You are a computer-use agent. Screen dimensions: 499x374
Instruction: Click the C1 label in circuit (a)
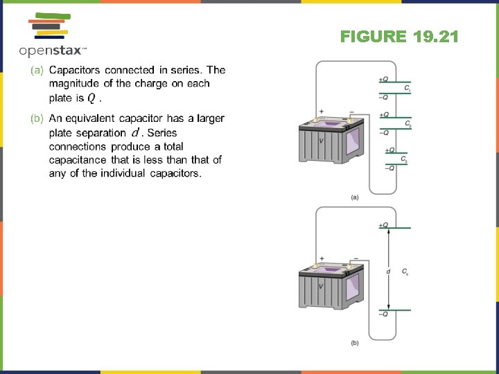click(x=408, y=89)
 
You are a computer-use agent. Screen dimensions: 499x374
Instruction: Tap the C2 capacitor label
click(x=408, y=124)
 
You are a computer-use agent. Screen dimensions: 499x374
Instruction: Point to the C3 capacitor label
click(x=405, y=159)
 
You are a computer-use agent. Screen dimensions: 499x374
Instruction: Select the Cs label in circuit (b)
click(x=405, y=271)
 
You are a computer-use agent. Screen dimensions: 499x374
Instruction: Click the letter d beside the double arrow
click(x=388, y=271)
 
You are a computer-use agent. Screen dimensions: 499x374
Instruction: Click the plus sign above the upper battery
click(x=321, y=112)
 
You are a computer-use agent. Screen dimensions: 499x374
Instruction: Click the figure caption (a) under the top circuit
click(x=355, y=197)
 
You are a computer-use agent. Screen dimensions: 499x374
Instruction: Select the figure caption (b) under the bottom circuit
click(x=355, y=342)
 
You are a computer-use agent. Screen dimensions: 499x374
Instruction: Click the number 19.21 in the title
click(x=434, y=37)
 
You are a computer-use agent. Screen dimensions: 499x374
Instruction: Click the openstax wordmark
click(x=52, y=51)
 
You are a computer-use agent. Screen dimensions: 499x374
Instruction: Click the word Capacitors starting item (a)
click(x=75, y=70)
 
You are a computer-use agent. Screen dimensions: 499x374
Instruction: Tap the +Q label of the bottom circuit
click(x=383, y=225)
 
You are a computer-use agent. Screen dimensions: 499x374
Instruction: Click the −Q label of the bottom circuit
click(x=383, y=314)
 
